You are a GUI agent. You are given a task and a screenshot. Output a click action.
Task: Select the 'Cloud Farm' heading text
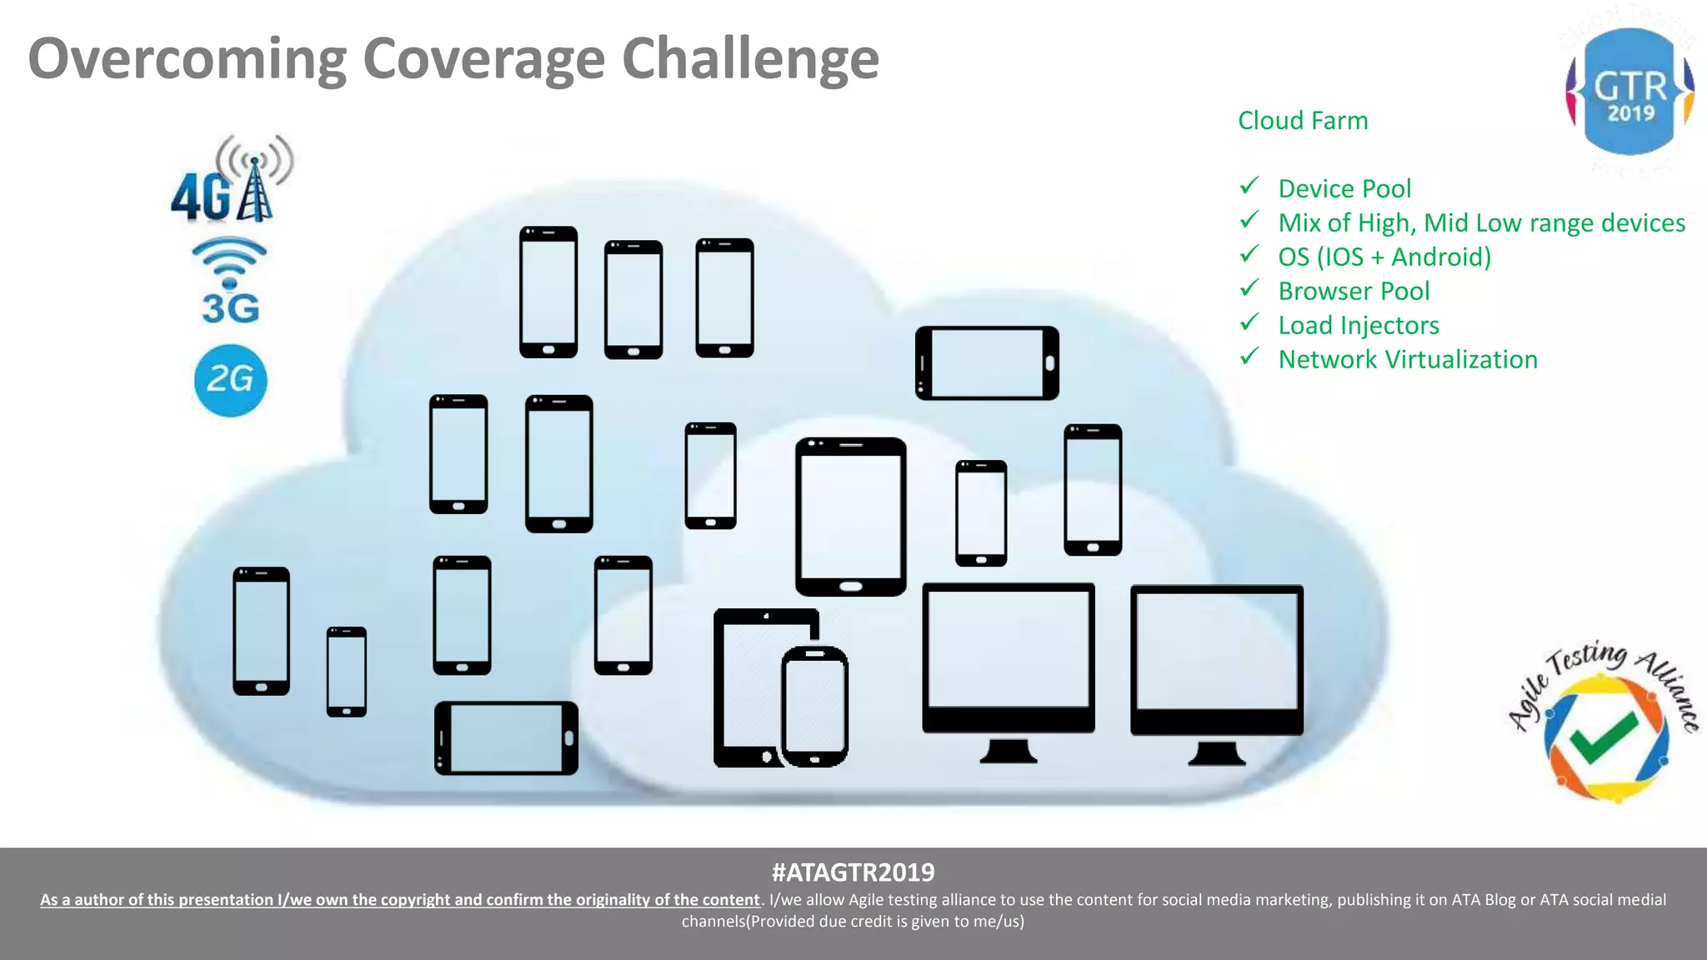tap(1303, 121)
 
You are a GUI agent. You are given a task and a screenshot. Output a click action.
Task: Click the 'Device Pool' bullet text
tap(1344, 189)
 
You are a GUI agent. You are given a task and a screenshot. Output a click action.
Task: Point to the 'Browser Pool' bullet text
tap(1354, 292)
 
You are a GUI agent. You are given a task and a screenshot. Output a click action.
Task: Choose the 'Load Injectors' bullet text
tap(1359, 326)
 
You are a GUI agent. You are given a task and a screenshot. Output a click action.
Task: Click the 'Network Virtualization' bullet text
tap(1408, 360)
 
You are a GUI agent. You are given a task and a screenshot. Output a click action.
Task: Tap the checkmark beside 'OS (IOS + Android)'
tap(1249, 254)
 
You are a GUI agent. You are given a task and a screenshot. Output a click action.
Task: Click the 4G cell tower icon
tap(232, 179)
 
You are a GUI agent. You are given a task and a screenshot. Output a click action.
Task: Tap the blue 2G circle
tap(230, 381)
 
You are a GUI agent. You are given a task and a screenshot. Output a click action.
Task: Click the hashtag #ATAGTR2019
tap(853, 872)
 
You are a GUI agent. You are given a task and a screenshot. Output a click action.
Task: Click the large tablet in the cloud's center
tap(850, 517)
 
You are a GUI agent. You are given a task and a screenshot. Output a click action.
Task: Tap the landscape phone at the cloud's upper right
tap(987, 363)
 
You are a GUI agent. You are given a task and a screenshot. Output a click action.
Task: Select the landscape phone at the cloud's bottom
tap(506, 738)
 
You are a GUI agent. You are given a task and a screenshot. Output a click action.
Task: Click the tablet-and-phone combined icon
tap(779, 688)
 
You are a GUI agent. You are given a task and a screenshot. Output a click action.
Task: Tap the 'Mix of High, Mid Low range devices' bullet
tap(1481, 223)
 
